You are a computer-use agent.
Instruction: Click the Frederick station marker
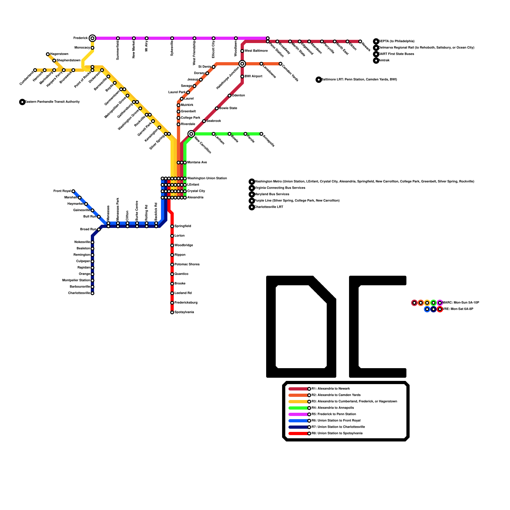click(x=92, y=38)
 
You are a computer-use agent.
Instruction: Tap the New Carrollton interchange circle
click(x=191, y=134)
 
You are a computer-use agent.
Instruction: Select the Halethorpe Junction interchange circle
click(x=242, y=64)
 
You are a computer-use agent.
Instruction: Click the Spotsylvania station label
click(x=184, y=312)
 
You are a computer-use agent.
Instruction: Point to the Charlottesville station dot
click(x=92, y=293)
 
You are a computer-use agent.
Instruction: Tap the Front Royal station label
click(x=62, y=191)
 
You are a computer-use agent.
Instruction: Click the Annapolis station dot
click(x=261, y=134)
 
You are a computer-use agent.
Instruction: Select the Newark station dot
click(x=360, y=41)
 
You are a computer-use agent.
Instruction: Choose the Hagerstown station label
click(x=59, y=54)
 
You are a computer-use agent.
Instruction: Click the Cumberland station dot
click(x=35, y=70)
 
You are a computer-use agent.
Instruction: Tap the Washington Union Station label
click(x=207, y=178)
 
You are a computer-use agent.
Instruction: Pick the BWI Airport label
click(x=253, y=76)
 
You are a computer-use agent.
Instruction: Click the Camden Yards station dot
click(x=280, y=64)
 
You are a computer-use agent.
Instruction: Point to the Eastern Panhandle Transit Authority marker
click(x=22, y=102)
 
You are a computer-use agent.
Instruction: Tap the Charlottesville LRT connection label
click(x=269, y=207)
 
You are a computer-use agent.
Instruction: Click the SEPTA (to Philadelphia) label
click(x=397, y=41)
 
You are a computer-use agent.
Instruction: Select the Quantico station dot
click(x=172, y=274)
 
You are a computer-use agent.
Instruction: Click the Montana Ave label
click(x=197, y=163)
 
